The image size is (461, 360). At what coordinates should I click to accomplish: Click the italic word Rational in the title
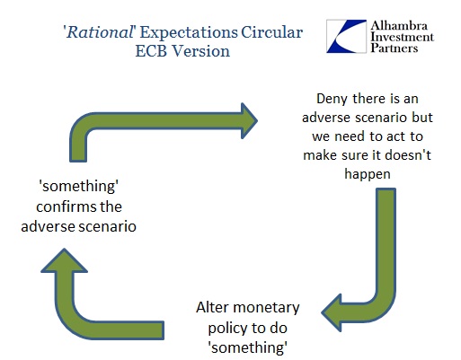coord(100,32)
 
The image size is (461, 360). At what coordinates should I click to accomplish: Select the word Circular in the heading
coord(271,32)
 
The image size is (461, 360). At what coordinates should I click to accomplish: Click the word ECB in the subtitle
coord(151,51)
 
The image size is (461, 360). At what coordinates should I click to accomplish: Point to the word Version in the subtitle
coord(201,51)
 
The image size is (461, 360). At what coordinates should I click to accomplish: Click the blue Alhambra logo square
coord(347,36)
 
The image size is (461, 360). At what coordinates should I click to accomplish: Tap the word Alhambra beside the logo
coord(399,26)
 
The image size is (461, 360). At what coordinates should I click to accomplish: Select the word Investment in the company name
coord(402,37)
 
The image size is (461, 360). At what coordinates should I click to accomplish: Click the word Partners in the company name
coord(394,48)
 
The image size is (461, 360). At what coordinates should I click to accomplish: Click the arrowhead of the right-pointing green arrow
coord(249,121)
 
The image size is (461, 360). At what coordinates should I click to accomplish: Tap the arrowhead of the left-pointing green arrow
coord(332,312)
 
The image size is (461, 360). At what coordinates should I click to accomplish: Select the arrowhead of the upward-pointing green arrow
coord(64,260)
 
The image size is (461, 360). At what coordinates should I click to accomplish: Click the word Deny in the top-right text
coord(332,100)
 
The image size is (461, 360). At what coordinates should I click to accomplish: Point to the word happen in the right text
coord(368,174)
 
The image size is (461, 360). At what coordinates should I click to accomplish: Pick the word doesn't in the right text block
coord(408,155)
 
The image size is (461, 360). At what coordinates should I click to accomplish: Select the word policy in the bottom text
coord(227,329)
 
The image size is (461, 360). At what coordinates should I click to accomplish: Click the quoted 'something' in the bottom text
coord(248,347)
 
